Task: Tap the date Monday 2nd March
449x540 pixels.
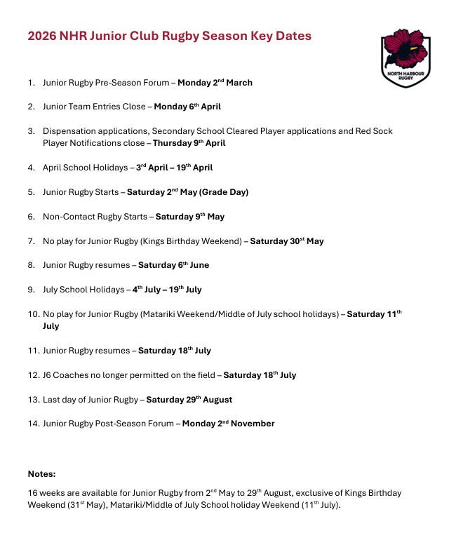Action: [x=215, y=83]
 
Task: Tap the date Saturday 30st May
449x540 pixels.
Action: [x=286, y=241]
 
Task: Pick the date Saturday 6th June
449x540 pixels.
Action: [x=173, y=266]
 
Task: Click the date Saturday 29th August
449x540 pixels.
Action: [x=185, y=400]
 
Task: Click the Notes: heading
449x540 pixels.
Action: [x=41, y=474]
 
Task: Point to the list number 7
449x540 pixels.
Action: [x=31, y=241]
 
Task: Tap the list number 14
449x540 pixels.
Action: [x=33, y=424]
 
